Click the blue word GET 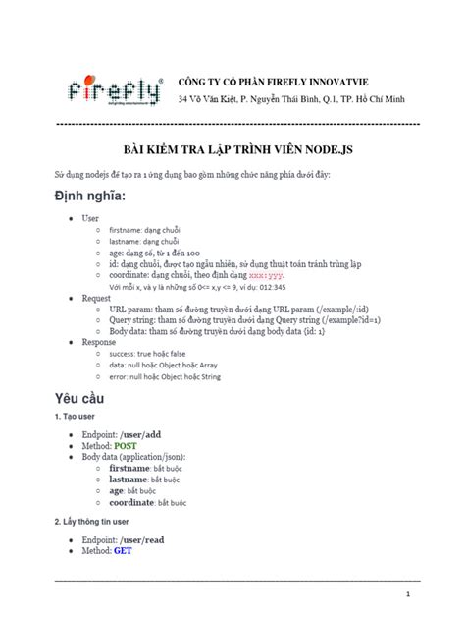tap(124, 551)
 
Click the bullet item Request tap(97, 296)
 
